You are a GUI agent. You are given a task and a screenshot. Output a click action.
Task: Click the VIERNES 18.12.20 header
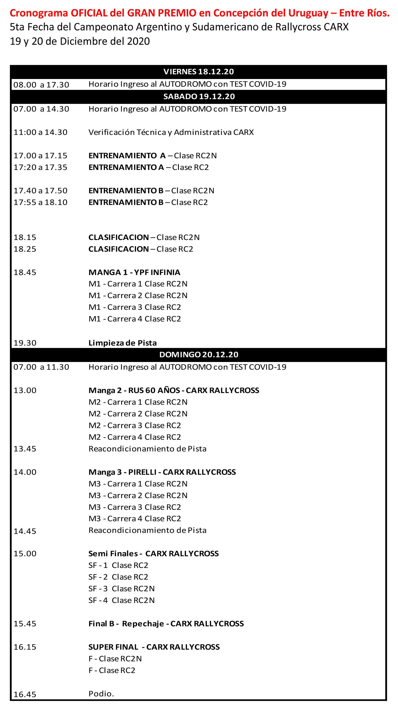tap(199, 72)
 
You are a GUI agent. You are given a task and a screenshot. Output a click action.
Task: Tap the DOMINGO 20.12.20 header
tap(199, 355)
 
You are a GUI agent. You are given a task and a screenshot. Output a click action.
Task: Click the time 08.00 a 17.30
tap(41, 85)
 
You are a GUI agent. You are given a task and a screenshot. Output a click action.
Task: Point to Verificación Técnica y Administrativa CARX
tap(171, 132)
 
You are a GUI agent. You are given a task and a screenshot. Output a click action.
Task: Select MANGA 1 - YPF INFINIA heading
tap(134, 272)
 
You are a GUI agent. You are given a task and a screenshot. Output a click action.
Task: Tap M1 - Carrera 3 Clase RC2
tap(135, 307)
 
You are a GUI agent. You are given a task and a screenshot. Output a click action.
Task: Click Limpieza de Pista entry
tap(122, 343)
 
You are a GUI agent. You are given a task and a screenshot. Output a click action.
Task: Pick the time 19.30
tap(25, 343)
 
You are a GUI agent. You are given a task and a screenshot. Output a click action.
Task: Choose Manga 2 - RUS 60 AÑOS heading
tap(174, 390)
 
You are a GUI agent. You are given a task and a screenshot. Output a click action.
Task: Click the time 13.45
tap(25, 449)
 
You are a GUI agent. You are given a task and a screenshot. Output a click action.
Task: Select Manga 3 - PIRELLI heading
tap(162, 472)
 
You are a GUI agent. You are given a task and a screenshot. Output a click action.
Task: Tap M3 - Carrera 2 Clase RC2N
tap(138, 495)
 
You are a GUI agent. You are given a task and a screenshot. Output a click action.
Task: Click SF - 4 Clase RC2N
tap(121, 600)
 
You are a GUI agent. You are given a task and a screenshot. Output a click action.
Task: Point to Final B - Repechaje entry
tap(166, 624)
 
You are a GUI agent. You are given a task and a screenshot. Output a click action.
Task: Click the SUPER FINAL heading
tap(154, 647)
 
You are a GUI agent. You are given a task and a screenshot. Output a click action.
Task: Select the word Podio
tap(101, 693)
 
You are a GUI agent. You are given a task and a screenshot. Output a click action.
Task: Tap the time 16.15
tap(25, 647)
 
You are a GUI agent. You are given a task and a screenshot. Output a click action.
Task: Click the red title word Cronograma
tap(39, 13)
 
